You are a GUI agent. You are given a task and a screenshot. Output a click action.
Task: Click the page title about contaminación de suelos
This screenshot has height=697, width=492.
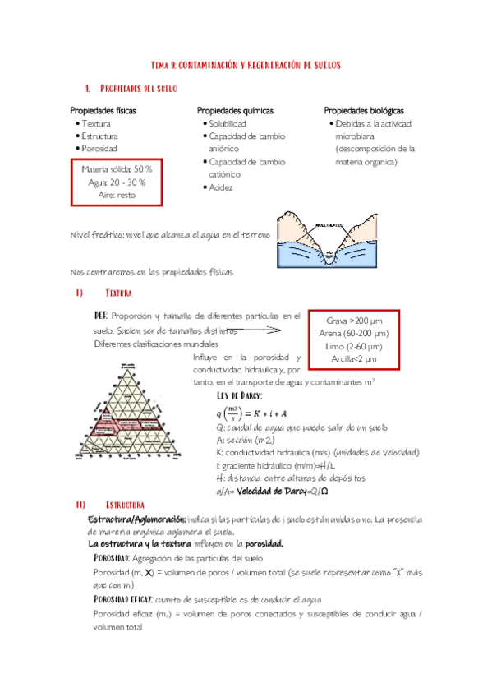coord(246,64)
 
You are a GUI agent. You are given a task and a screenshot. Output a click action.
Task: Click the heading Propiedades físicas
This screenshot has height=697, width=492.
coord(103,110)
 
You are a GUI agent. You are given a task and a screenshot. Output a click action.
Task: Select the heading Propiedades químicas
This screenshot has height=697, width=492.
coord(235,110)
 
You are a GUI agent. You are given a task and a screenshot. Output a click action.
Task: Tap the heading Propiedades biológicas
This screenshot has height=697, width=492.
coord(363,110)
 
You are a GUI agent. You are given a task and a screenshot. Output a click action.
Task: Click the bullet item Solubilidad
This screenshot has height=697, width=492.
coord(228,123)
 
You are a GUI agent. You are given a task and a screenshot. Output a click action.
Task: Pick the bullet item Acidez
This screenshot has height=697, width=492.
coord(221,187)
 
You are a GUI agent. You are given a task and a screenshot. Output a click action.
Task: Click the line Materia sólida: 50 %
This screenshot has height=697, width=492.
coord(117,168)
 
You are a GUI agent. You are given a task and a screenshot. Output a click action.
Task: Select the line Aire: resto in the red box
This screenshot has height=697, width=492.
coord(117,196)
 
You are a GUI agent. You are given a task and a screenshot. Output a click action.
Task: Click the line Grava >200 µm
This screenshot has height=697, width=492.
coord(353,320)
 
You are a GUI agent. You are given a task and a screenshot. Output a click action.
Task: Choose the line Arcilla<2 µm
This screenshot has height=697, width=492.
coord(353,358)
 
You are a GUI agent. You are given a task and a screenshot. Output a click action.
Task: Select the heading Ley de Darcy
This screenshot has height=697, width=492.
coord(239,395)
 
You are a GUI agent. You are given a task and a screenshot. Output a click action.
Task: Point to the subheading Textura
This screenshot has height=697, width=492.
coord(119,293)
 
